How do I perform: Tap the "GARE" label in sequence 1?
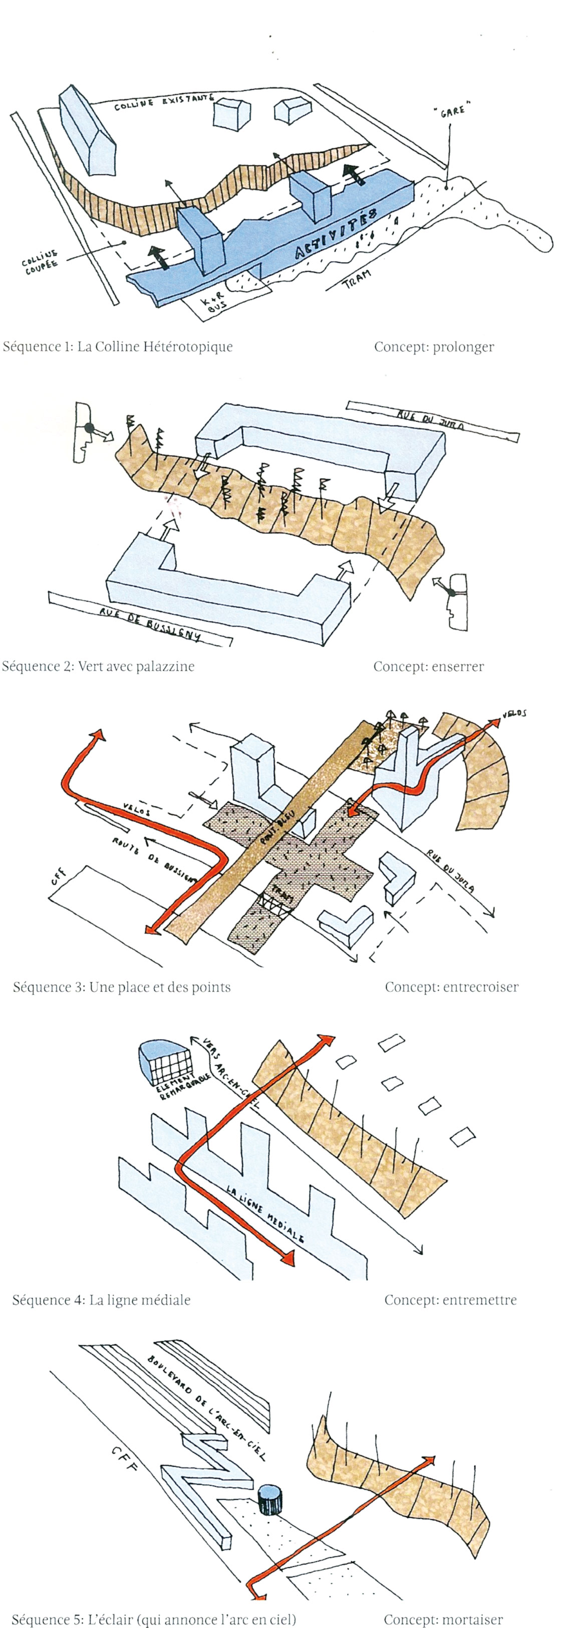449,110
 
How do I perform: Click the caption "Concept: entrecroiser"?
451,987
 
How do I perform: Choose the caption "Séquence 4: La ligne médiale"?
101,1300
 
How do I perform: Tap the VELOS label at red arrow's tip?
514,714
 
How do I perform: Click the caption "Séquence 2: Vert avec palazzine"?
98,666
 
